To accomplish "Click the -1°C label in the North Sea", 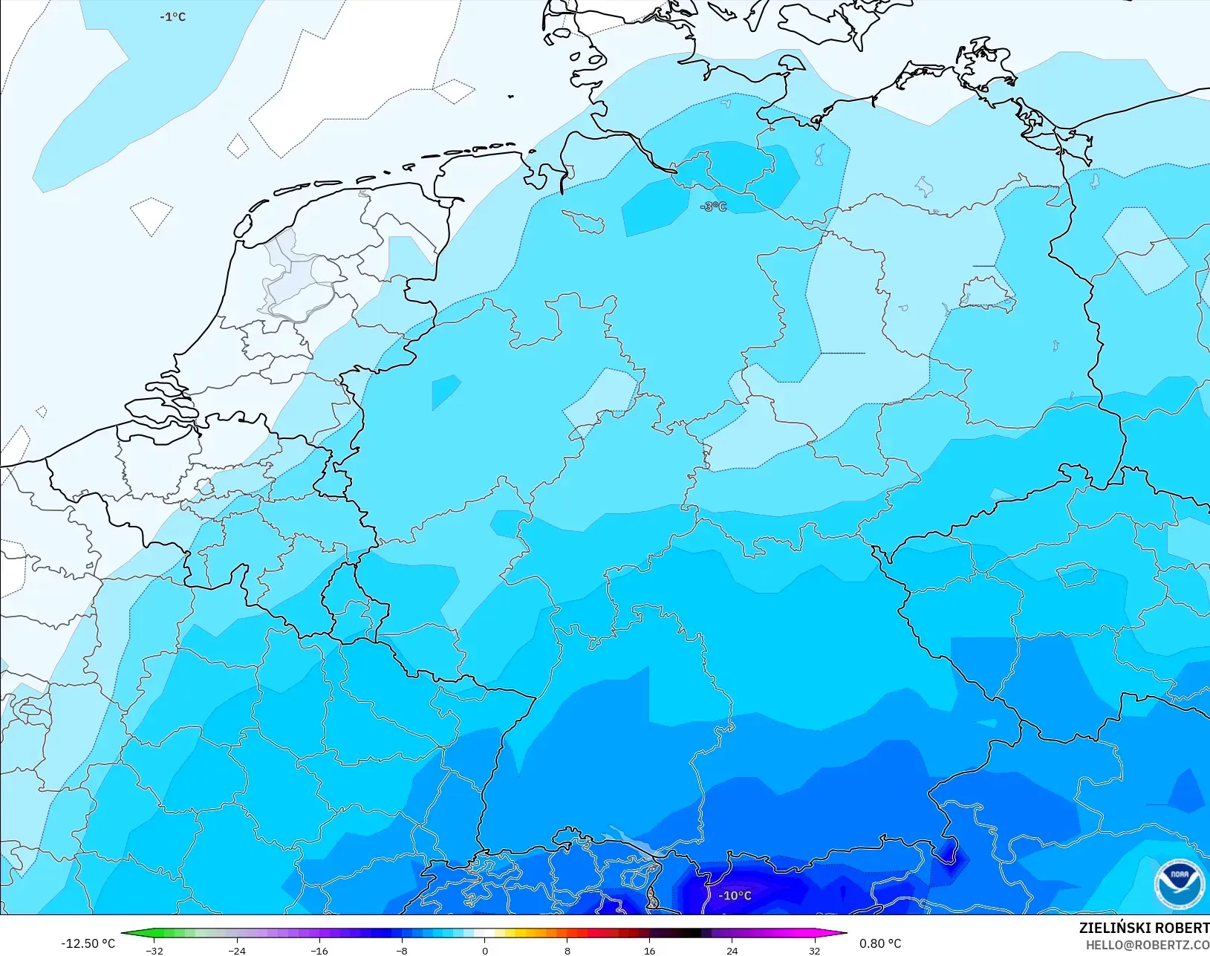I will point(172,17).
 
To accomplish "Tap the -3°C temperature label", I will point(714,207).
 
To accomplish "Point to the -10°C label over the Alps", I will point(735,896).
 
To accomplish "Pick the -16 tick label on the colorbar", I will point(319,951).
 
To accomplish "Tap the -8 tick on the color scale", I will point(402,951).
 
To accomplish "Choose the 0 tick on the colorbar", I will point(484,951).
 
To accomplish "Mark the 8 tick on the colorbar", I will point(567,951).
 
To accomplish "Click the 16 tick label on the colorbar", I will point(649,951).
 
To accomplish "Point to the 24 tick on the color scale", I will point(732,951).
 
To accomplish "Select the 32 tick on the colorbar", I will point(814,951).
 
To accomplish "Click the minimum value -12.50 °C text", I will point(88,943).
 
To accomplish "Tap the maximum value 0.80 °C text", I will point(880,943).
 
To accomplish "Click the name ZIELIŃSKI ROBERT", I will point(1144,928).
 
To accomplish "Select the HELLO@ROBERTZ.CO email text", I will point(1148,945).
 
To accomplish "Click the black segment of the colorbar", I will point(691,934).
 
